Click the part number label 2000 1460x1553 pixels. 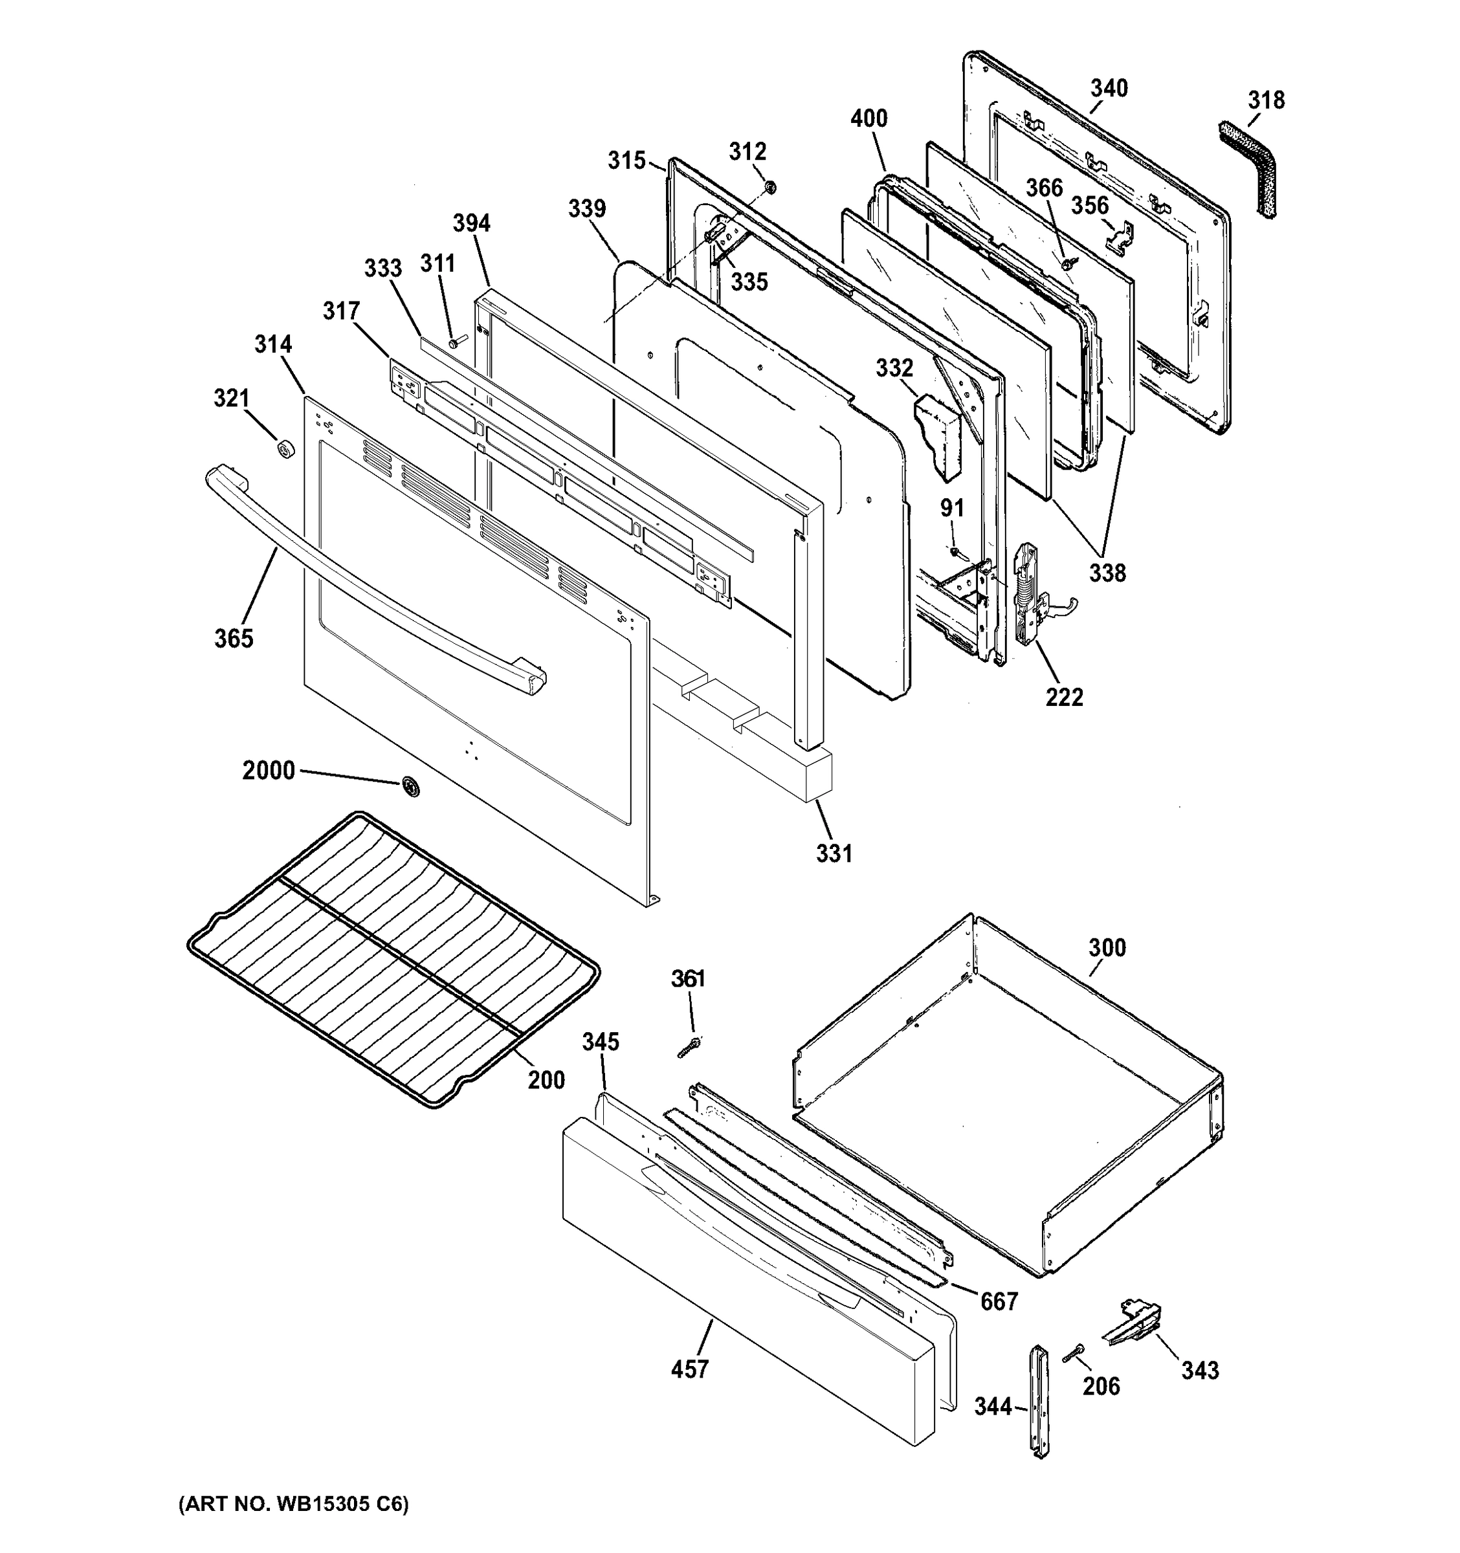(x=268, y=771)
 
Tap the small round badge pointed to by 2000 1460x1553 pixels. (x=410, y=788)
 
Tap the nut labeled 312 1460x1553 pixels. (x=769, y=188)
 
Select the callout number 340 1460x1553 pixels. (x=1109, y=88)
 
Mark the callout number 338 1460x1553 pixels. (x=1108, y=573)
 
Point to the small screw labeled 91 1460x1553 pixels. (x=955, y=551)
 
